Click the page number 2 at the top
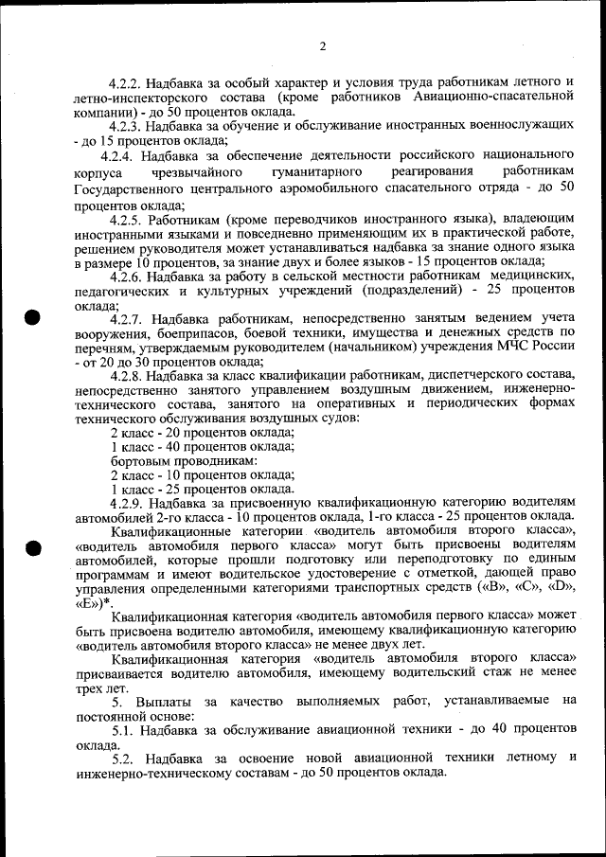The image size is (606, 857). point(322,47)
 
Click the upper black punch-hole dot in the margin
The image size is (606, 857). point(33,317)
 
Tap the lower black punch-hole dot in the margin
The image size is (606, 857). point(33,548)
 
